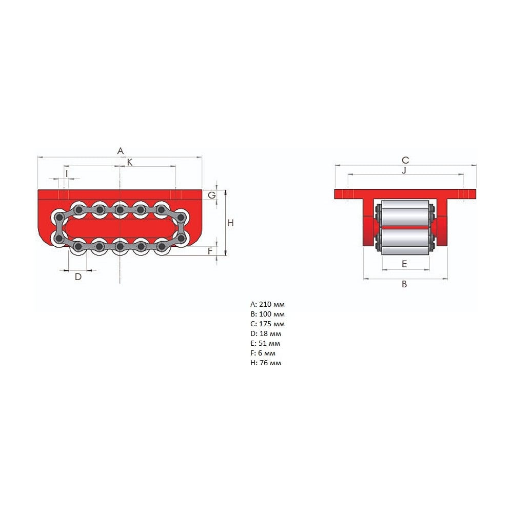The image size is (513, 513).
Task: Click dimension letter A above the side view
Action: click(121, 151)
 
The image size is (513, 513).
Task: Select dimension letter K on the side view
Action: click(130, 162)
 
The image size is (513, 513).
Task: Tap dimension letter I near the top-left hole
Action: click(67, 173)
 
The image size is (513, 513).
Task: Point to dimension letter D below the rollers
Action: click(78, 277)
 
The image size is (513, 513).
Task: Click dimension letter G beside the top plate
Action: click(212, 195)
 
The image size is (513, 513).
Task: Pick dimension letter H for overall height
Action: click(230, 223)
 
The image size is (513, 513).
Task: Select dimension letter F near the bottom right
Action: click(210, 251)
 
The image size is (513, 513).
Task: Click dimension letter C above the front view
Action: click(405, 160)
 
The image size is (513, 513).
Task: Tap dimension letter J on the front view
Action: click(404, 170)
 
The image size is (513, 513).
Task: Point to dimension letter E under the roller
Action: click(404, 264)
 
